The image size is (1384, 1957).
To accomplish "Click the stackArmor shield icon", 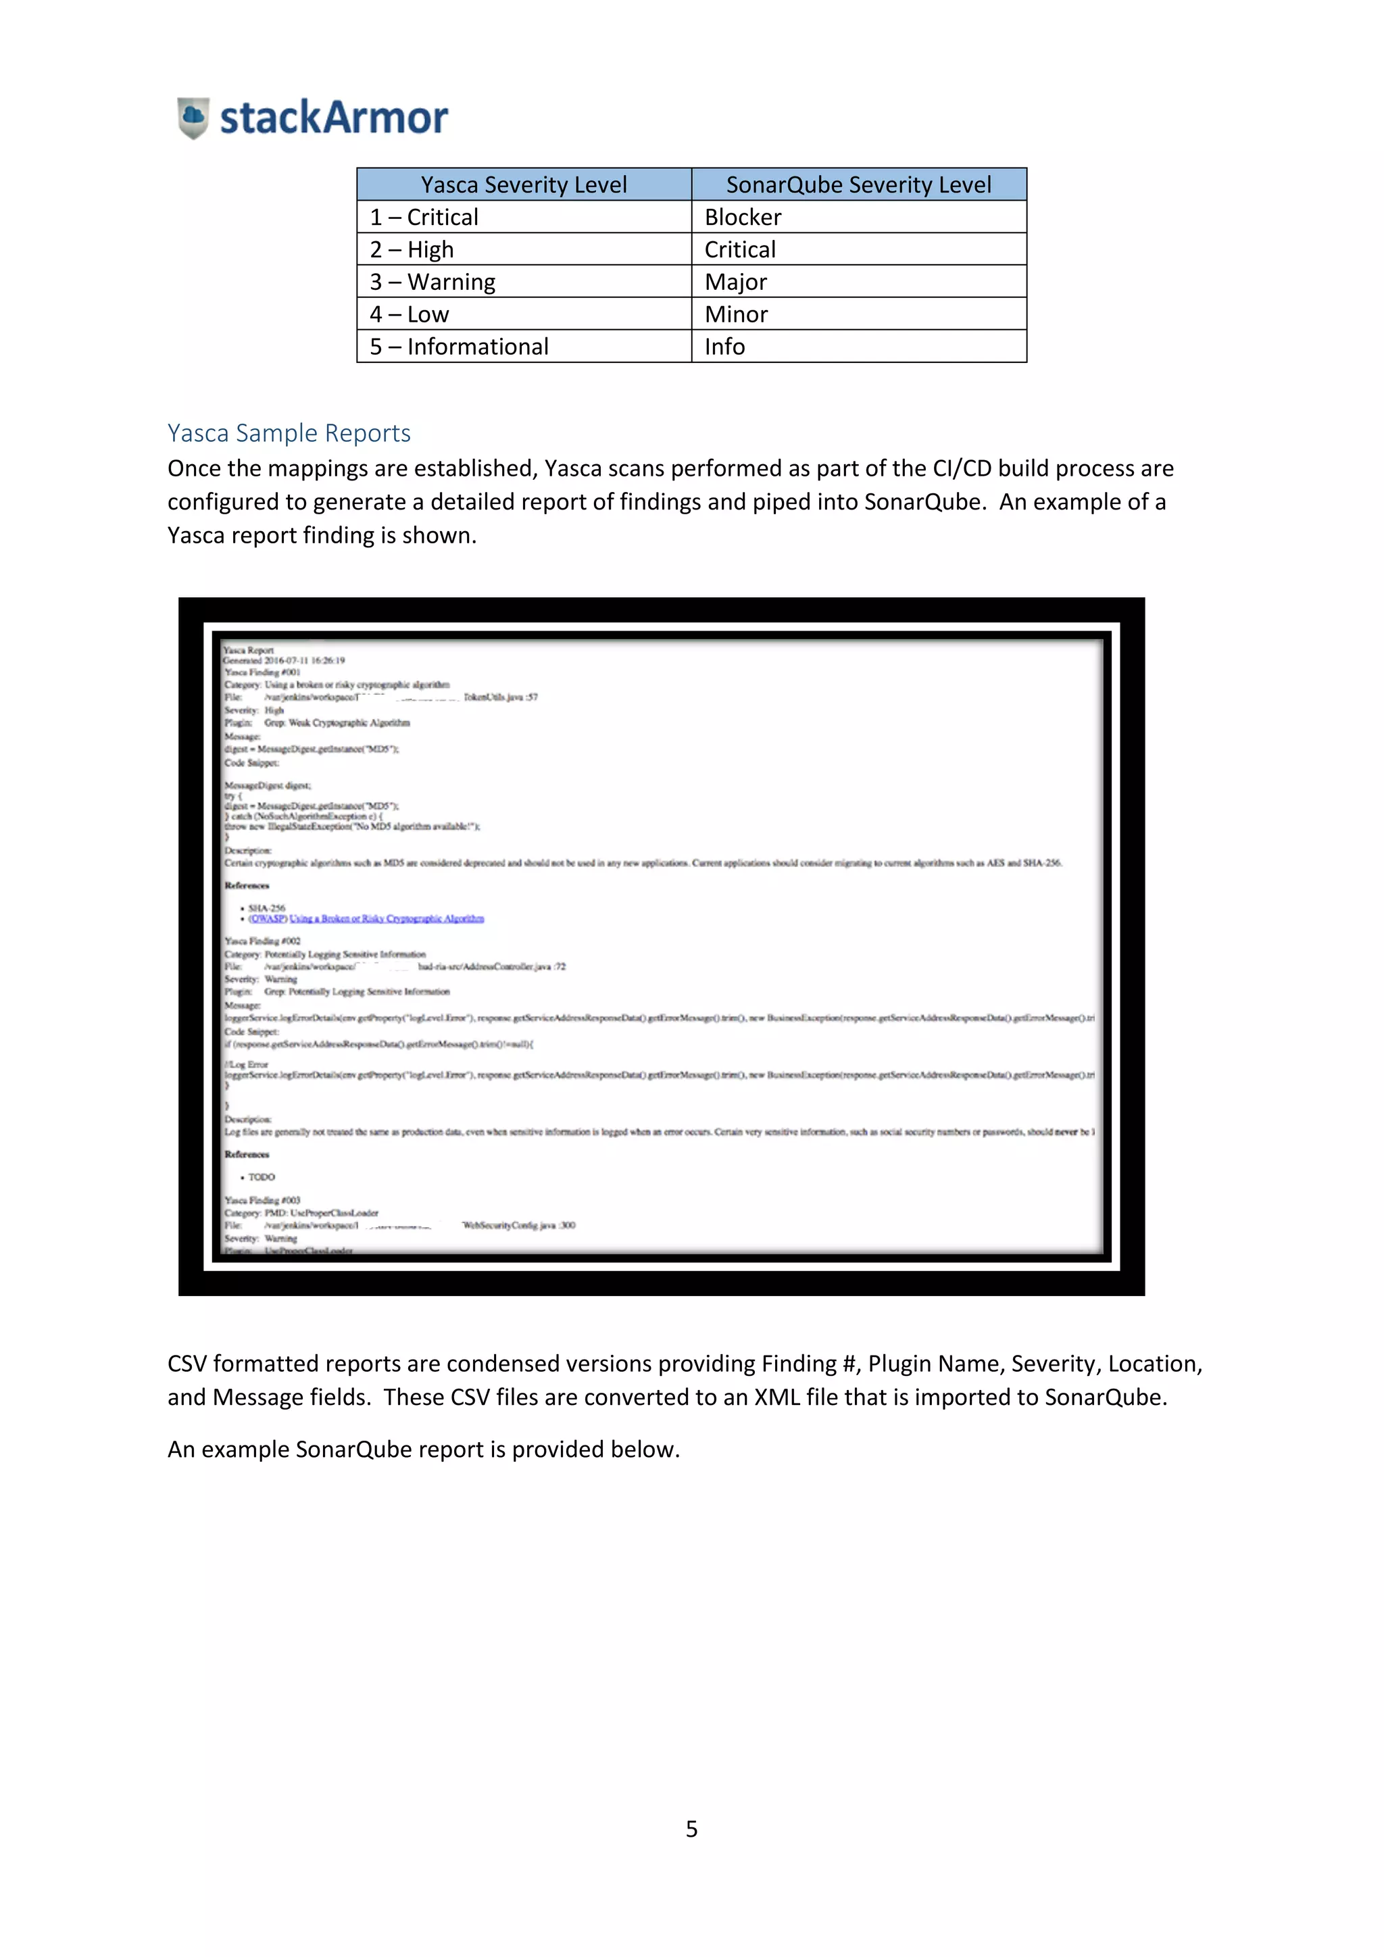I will (x=193, y=118).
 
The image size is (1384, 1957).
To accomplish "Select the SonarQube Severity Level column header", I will (x=858, y=185).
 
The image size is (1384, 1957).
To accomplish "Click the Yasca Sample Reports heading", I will (x=289, y=433).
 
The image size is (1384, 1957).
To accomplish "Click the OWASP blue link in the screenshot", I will (x=366, y=919).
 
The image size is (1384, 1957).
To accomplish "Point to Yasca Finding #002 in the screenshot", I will (x=262, y=941).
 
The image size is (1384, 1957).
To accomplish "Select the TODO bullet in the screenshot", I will (x=261, y=1177).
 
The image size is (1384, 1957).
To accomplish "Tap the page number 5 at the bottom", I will (x=691, y=1829).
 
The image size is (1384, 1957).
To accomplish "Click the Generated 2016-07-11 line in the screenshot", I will (x=284, y=661).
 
